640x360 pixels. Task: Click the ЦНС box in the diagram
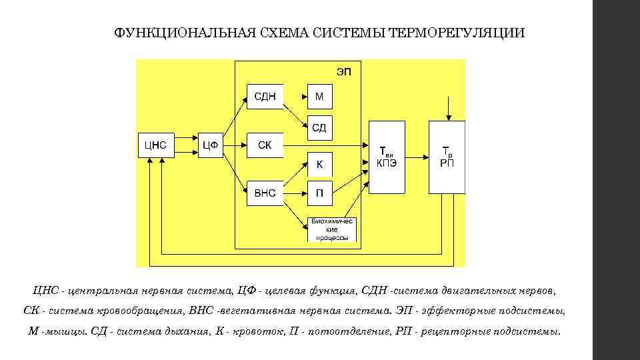point(155,145)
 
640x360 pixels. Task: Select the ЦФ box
point(211,145)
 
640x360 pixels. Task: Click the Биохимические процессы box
point(331,229)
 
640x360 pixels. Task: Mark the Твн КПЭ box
point(386,157)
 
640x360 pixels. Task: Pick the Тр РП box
point(447,157)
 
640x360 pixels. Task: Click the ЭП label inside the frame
point(344,71)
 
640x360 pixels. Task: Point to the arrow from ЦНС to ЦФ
point(186,145)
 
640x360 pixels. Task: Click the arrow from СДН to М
point(295,97)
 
